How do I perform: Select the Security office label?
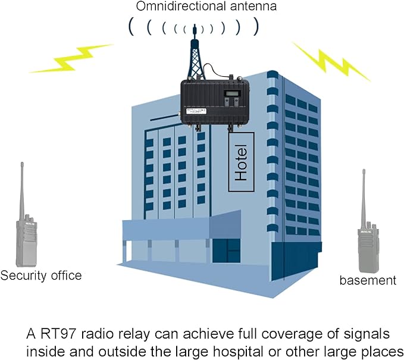41,276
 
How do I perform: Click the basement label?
367,280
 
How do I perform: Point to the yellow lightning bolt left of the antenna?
72,58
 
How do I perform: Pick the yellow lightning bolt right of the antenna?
331,60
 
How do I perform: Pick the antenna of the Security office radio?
23,184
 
